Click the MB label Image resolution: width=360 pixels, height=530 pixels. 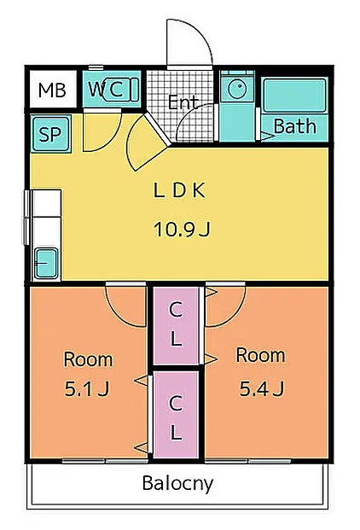(52, 90)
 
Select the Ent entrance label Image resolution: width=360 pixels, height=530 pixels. (183, 102)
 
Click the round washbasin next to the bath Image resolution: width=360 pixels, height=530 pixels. (237, 89)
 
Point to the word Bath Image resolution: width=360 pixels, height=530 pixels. (295, 126)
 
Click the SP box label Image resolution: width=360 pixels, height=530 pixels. (50, 134)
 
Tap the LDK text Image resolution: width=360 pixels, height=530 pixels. (179, 190)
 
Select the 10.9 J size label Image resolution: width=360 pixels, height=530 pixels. (182, 230)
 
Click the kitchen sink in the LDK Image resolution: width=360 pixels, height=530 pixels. (46, 263)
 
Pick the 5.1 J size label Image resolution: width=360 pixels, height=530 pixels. (87, 388)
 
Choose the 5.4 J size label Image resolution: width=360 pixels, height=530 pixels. (262, 388)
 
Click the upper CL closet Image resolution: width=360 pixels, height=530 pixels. (176, 326)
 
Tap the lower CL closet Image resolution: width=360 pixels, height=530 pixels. (176, 415)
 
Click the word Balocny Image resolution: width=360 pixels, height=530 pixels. (177, 484)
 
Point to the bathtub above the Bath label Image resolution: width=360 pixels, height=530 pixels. (294, 95)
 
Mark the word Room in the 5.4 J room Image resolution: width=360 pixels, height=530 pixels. (260, 356)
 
